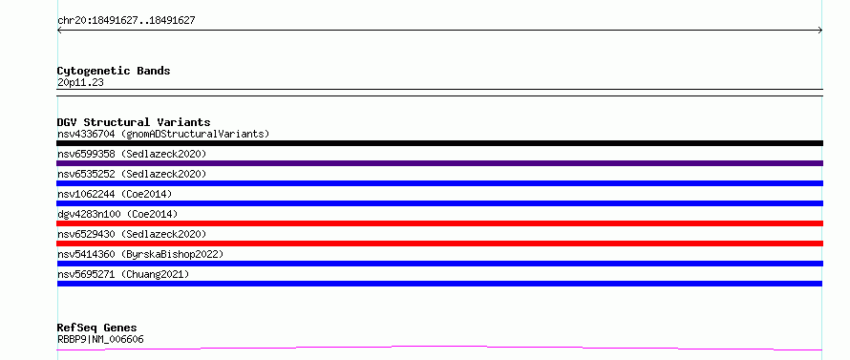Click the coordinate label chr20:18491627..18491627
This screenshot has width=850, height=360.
126,21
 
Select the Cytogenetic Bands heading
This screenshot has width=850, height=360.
114,71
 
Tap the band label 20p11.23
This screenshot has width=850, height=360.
80,83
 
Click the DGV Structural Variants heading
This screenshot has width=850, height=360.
134,122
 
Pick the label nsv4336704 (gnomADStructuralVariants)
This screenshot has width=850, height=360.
163,134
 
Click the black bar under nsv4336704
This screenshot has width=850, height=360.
439,143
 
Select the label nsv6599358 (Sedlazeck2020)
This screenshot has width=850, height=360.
132,154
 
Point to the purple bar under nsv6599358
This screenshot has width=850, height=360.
439,163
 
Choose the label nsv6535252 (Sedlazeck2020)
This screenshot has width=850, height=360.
132,174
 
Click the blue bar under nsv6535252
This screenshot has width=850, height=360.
439,183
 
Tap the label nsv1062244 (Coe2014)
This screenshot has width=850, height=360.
115,194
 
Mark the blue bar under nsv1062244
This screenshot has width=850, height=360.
439,203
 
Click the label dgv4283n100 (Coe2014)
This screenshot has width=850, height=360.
117,214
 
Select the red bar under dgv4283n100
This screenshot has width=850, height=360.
439,223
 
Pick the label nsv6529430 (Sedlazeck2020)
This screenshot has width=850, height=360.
132,234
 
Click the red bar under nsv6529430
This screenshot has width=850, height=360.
439,244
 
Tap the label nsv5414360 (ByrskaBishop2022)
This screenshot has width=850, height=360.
140,254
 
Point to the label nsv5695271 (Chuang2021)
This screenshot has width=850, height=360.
123,274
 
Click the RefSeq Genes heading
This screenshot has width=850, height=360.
97,328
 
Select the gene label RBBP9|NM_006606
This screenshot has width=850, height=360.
100,340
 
